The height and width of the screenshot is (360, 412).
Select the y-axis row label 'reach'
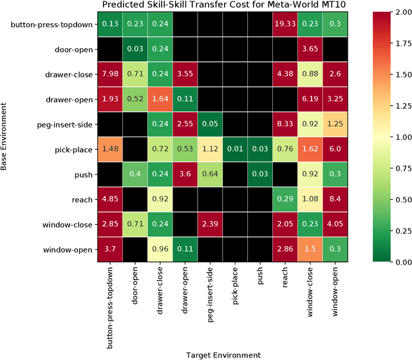pyautogui.click(x=82, y=199)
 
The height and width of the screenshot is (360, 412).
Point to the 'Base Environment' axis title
pyautogui.click(x=6, y=137)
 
